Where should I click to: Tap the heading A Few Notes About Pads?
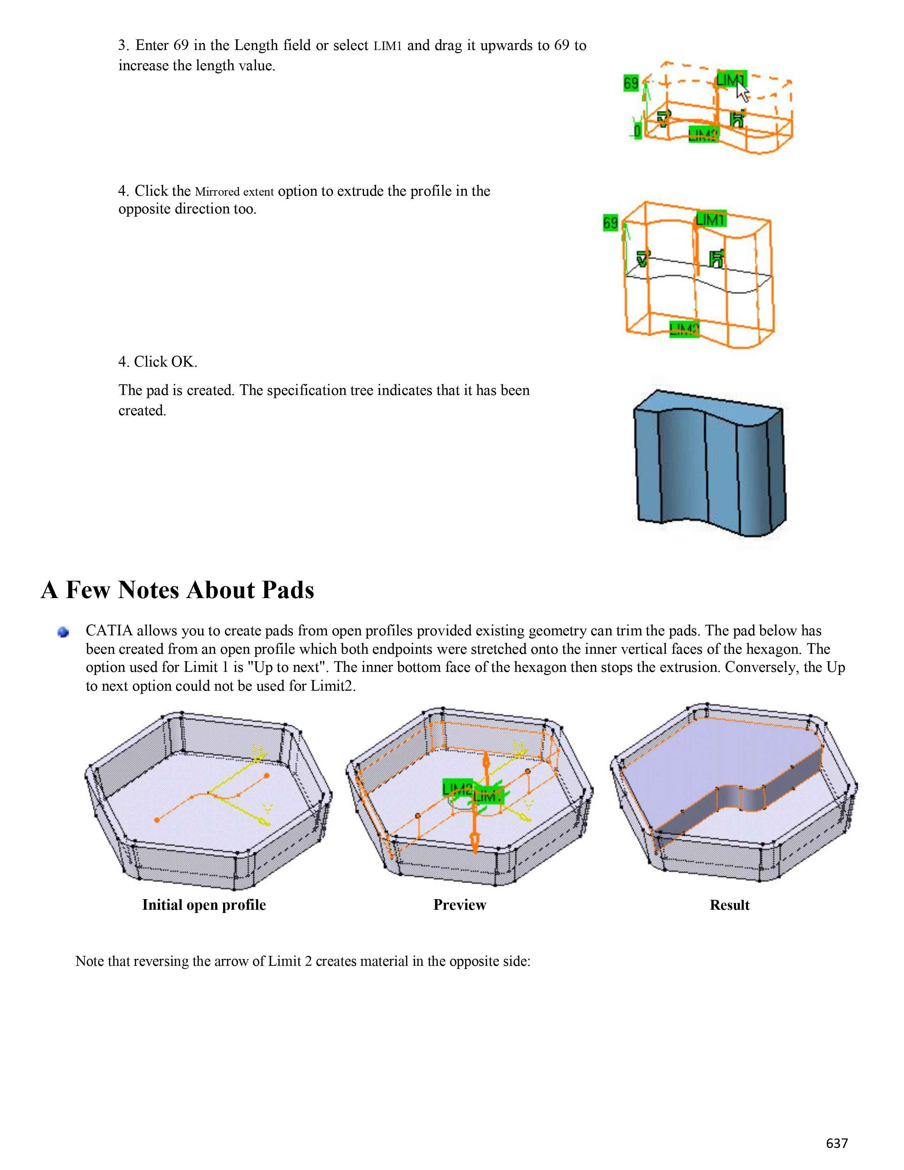coord(177,590)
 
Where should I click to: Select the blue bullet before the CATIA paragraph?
coord(63,633)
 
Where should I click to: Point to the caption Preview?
coord(459,905)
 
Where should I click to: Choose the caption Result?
coord(730,905)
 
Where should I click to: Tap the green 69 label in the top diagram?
coord(631,83)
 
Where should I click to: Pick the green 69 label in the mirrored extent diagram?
coord(610,222)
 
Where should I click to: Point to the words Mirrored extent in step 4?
coord(234,192)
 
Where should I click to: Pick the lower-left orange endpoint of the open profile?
coord(156,820)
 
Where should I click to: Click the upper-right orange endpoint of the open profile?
coord(267,775)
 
